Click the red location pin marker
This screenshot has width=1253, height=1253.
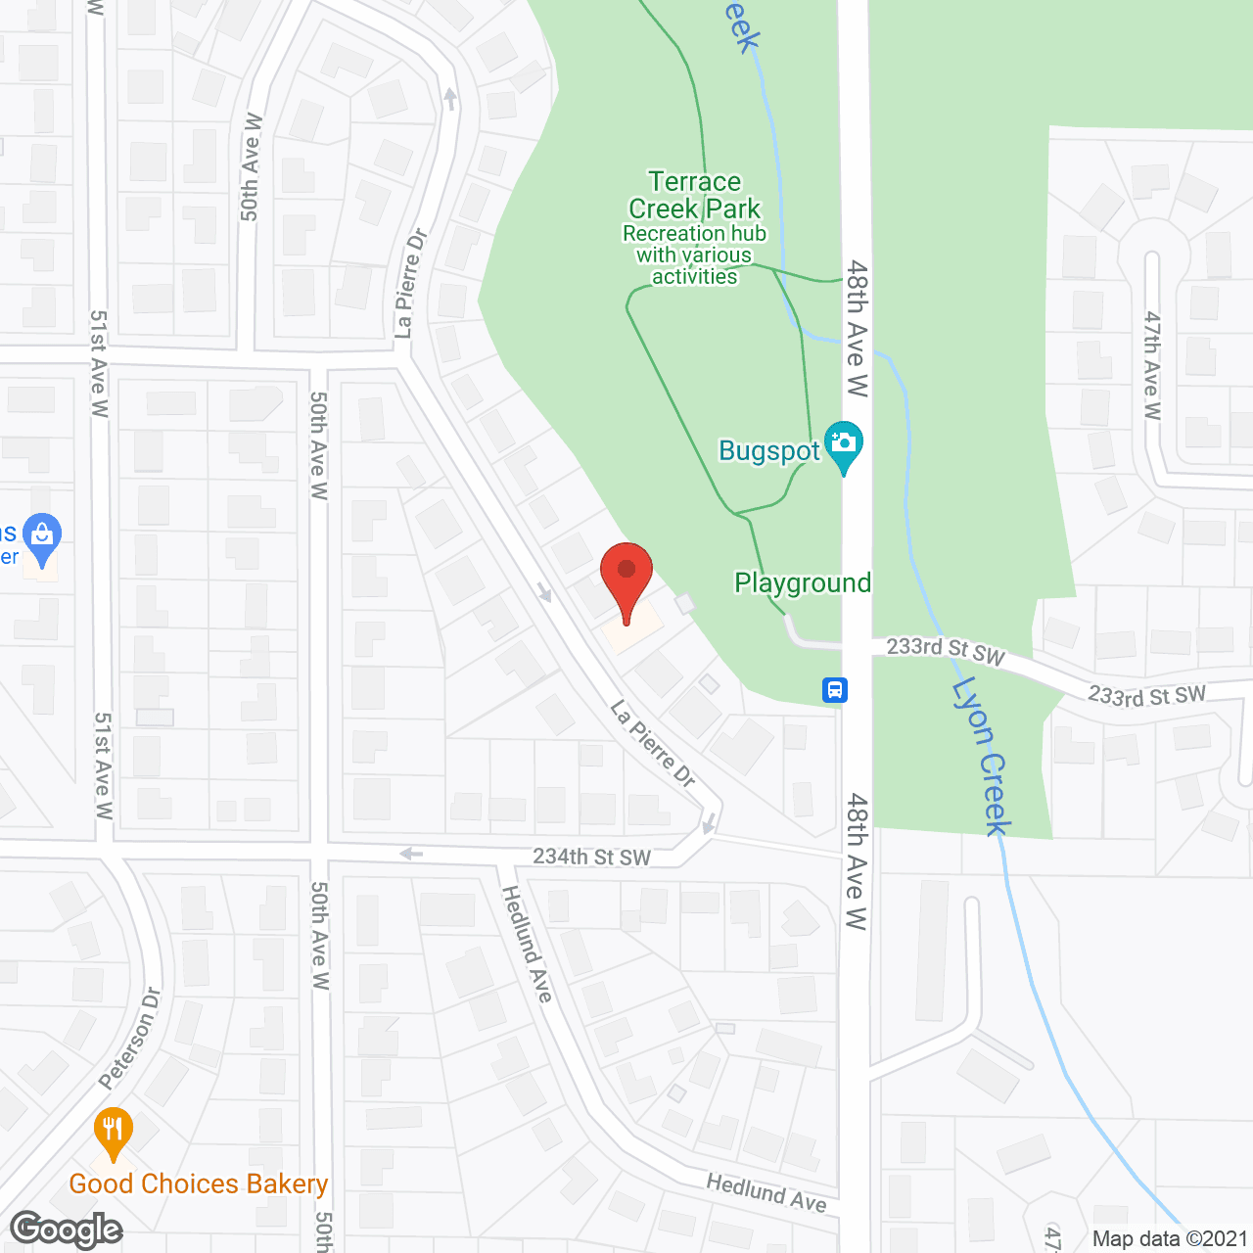tap(626, 579)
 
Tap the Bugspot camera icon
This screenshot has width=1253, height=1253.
tap(843, 445)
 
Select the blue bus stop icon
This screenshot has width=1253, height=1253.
tap(834, 690)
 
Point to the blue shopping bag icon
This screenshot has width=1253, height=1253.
tap(41, 537)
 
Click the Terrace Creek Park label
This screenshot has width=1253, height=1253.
tap(694, 195)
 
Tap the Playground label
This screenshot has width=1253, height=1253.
tap(803, 583)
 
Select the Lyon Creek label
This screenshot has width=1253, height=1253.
tap(982, 756)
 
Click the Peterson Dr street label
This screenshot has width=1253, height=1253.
tap(130, 1038)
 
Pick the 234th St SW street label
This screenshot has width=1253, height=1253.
tap(591, 857)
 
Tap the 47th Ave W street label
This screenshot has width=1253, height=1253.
tap(1152, 365)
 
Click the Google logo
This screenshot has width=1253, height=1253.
tap(67, 1230)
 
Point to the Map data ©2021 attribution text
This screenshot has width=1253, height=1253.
tap(1170, 1238)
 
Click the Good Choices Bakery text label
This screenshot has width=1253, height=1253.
tap(198, 1184)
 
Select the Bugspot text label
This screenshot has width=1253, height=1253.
tap(768, 451)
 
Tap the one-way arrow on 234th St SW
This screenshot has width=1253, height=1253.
tap(411, 855)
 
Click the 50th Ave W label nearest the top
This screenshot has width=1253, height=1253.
tap(252, 166)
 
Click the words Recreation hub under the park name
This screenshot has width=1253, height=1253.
tap(694, 234)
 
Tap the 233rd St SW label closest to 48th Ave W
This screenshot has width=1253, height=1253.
tap(946, 651)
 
